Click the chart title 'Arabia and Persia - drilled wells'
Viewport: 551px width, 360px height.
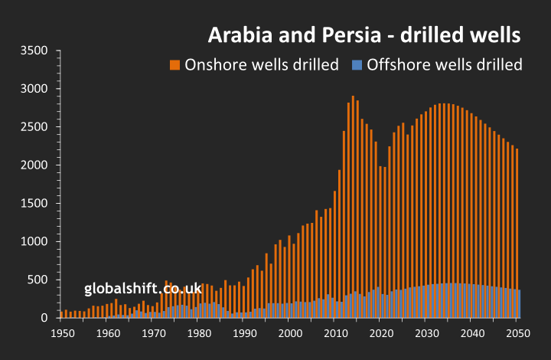tap(365, 34)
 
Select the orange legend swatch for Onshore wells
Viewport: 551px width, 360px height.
tap(174, 64)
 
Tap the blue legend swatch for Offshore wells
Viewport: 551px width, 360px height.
tap(357, 64)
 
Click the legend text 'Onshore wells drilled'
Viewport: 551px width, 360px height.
tap(262, 64)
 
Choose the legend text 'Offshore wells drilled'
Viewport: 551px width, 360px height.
tap(445, 64)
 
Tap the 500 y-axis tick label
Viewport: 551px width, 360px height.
tap(37, 280)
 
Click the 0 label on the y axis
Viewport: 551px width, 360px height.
tap(44, 318)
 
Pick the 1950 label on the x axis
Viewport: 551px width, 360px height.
tap(63, 333)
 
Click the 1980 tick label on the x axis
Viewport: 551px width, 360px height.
tap(199, 333)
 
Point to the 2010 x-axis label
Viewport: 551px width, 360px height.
tap(335, 333)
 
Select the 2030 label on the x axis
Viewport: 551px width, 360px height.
tap(426, 333)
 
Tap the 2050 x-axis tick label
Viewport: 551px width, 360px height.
tap(517, 333)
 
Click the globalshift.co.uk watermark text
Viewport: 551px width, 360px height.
tap(142, 288)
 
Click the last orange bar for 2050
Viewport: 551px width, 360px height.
tap(517, 222)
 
